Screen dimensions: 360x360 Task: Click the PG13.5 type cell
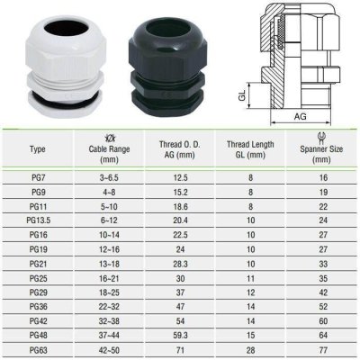(x=38, y=220)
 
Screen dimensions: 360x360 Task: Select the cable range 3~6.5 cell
(x=109, y=177)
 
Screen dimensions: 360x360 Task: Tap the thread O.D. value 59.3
(x=180, y=336)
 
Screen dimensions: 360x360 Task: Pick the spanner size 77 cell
(x=323, y=350)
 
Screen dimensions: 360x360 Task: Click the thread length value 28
(x=250, y=350)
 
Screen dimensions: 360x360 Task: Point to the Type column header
(x=38, y=149)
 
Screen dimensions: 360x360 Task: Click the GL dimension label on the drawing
(x=243, y=95)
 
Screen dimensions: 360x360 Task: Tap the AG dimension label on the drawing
(x=300, y=117)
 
